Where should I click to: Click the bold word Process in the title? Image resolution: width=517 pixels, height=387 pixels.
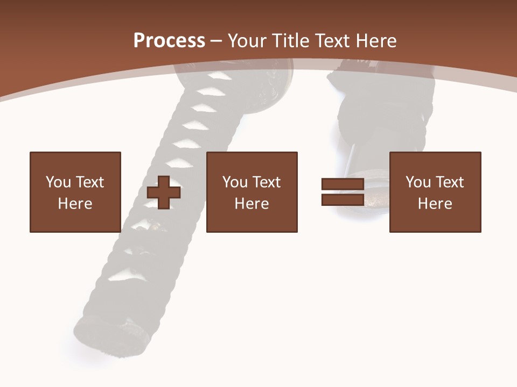point(169,40)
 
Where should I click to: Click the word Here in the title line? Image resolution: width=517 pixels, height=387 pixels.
point(377,40)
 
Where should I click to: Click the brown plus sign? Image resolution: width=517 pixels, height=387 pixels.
point(164,192)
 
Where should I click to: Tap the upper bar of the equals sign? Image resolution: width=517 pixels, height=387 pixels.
point(343,184)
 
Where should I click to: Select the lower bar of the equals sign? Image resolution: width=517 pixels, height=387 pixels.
point(343,199)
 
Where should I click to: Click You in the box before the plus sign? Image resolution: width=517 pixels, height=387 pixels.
point(58,182)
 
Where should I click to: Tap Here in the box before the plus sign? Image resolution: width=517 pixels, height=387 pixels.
point(75,204)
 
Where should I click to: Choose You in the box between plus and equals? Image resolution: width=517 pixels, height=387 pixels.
point(235,182)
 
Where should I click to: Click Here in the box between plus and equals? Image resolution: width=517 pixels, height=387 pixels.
point(252,204)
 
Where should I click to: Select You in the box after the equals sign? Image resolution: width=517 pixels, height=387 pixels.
point(418,182)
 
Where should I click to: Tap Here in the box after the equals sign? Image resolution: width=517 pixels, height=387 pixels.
point(435,204)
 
